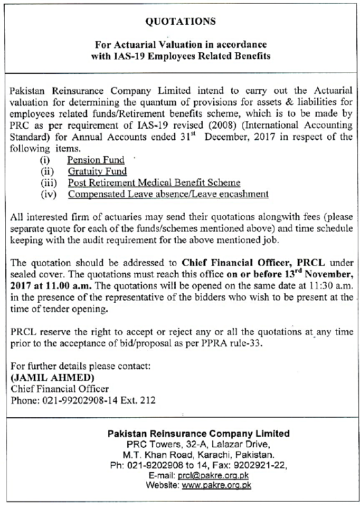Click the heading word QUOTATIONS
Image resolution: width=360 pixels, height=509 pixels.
click(x=180, y=22)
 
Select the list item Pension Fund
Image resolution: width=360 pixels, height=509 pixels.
click(x=96, y=160)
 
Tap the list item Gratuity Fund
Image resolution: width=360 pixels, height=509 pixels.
click(x=97, y=171)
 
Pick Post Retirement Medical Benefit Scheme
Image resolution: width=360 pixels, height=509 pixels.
click(x=154, y=183)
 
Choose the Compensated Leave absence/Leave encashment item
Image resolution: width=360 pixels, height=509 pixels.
click(x=168, y=194)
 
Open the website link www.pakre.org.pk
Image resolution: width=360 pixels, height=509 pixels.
click(x=216, y=485)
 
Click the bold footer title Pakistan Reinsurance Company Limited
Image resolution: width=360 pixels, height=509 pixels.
click(x=198, y=434)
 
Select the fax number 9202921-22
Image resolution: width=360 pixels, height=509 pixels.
click(x=262, y=465)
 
